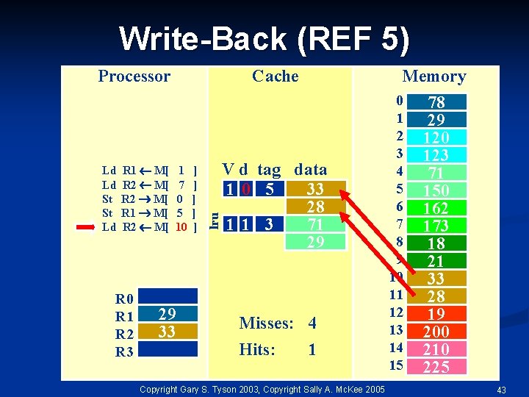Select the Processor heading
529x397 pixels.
tap(134, 76)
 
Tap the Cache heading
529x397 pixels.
tap(275, 76)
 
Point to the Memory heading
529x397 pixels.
tap(433, 76)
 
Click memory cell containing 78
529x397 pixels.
tap(436, 102)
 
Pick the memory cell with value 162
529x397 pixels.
tap(436, 208)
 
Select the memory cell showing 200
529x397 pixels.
tap(436, 332)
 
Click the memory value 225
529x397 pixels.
tap(436, 367)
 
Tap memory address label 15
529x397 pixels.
tap(396, 365)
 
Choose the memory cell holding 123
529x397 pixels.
tap(436, 155)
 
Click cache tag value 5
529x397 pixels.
tap(270, 190)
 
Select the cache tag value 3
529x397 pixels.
tap(270, 224)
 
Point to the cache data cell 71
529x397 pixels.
tap(314, 224)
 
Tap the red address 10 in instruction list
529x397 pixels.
tap(181, 227)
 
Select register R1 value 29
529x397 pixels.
tap(167, 314)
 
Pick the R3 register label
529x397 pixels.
tap(124, 351)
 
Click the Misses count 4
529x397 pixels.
tap(312, 323)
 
